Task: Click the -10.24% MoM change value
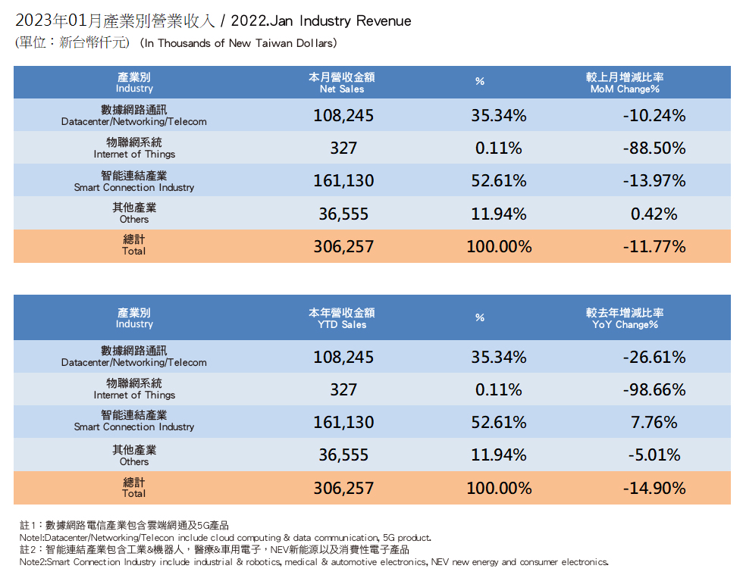click(x=654, y=116)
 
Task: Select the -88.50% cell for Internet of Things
click(x=654, y=148)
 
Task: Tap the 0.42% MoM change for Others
click(x=654, y=214)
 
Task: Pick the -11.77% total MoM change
click(x=654, y=247)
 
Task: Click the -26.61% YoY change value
click(x=654, y=357)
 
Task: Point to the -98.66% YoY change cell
click(x=654, y=390)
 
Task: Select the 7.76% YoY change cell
click(x=654, y=423)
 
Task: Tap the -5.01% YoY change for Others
click(x=654, y=455)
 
